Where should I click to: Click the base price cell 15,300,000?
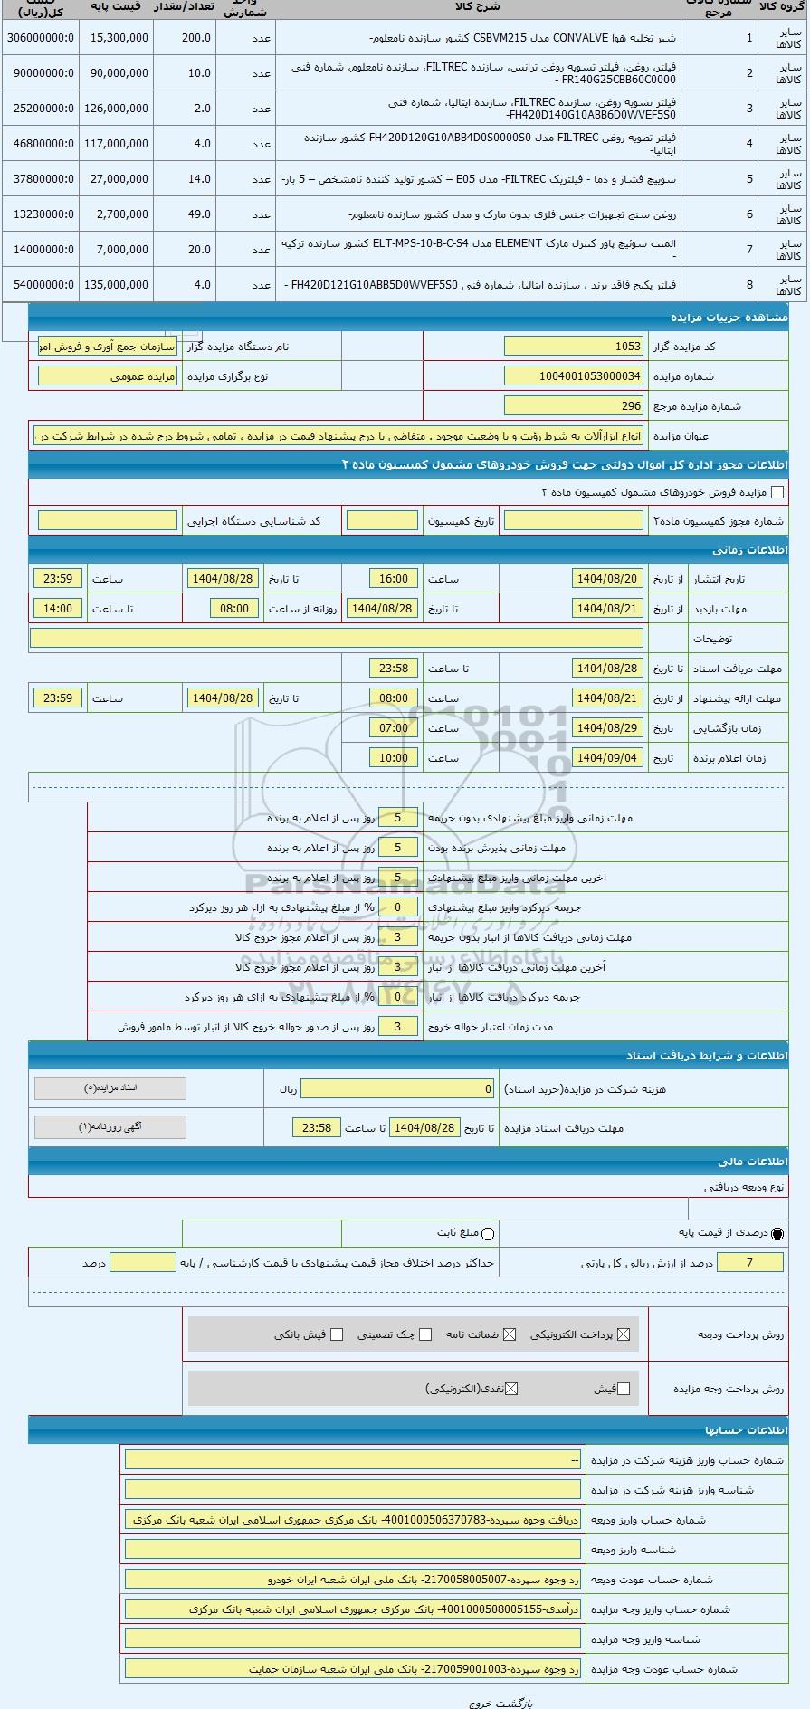tap(117, 38)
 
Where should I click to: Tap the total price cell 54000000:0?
tap(41, 285)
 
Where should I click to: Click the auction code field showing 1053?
tap(573, 347)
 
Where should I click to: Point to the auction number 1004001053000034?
tap(573, 376)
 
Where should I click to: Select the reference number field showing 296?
tap(573, 406)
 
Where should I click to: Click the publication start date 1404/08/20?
tap(607, 579)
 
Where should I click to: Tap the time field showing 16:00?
tap(393, 579)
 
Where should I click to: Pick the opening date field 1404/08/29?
tap(607, 728)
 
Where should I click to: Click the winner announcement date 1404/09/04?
tap(607, 758)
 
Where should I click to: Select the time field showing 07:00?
tap(393, 728)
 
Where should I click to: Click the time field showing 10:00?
tap(393, 758)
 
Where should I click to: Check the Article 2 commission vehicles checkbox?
tap(777, 492)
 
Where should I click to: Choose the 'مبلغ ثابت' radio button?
tap(488, 1233)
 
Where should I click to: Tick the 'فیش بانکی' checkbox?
tap(337, 1334)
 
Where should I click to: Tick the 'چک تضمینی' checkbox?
tap(424, 1334)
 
